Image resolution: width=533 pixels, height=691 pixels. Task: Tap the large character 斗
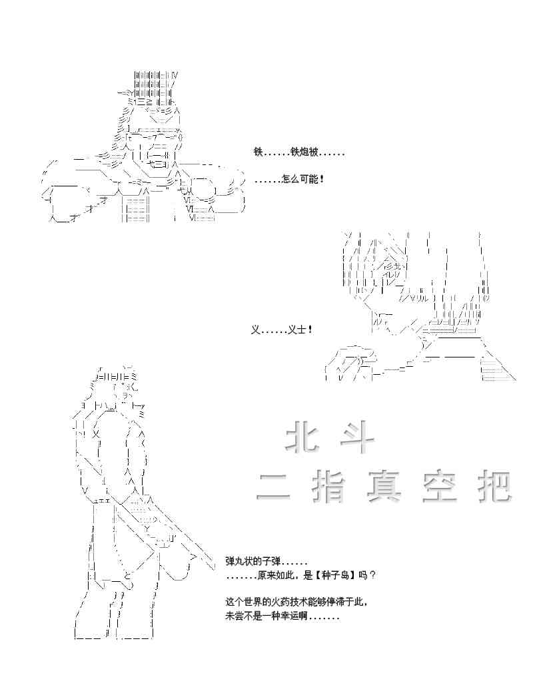pyautogui.click(x=358, y=440)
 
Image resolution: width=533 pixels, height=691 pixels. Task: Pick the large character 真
pyautogui.click(x=384, y=487)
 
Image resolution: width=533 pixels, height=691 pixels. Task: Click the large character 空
pyautogui.click(x=439, y=487)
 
